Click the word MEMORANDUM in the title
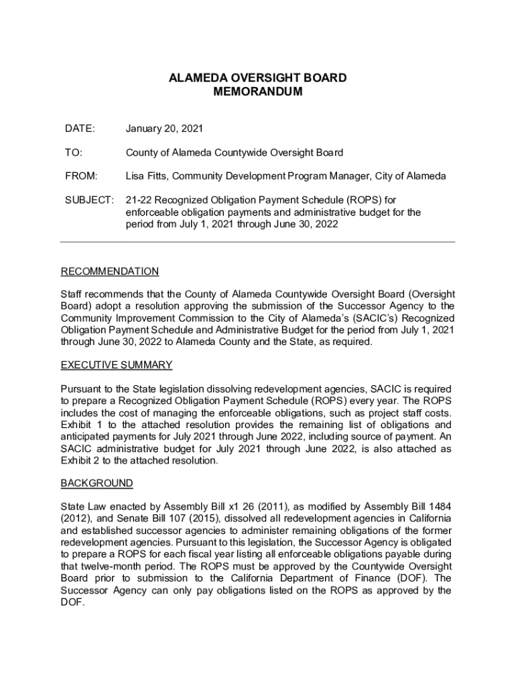[257, 92]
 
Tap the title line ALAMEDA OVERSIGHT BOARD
[257, 78]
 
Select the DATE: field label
[80, 128]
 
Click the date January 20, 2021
[164, 128]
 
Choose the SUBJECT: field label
[87, 200]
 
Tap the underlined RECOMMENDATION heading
[110, 271]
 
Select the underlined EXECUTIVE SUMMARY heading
[117, 365]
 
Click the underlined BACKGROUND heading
[96, 483]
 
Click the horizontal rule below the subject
[257, 242]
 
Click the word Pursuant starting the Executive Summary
[82, 389]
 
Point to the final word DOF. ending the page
[72, 602]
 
